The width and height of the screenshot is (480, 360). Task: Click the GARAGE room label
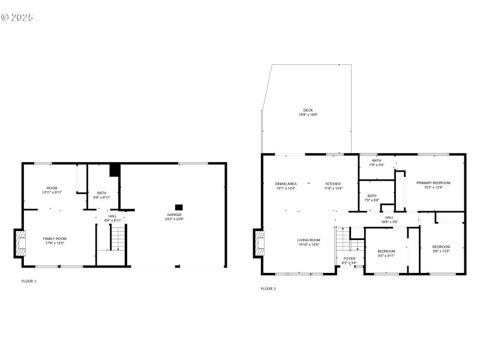175,214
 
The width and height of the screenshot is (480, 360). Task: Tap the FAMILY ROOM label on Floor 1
55,239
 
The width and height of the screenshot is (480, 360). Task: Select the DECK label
308,110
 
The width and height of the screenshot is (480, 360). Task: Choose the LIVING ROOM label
309,240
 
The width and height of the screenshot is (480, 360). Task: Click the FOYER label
349,259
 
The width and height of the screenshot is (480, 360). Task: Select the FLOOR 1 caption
29,281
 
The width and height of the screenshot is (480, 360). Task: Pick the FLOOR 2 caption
268,289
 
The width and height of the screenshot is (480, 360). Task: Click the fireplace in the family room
20,244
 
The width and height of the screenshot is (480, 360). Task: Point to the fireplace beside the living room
259,243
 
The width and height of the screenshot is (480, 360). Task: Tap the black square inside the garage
178,206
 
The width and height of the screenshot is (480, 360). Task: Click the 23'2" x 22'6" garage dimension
175,219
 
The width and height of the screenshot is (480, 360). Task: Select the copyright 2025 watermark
17,17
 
